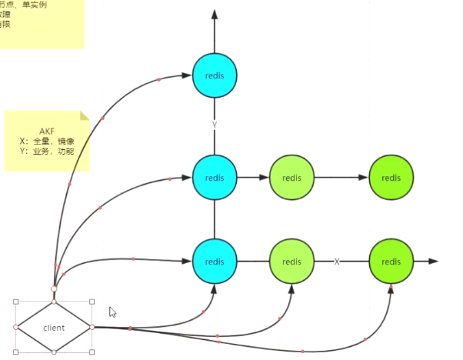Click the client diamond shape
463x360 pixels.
click(54, 327)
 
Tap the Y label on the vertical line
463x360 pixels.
click(215, 124)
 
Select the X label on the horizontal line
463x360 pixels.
click(337, 262)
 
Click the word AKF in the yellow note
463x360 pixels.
click(48, 132)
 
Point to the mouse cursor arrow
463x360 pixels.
click(112, 312)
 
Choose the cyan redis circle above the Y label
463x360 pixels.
click(215, 75)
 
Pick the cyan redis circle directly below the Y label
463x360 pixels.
click(215, 177)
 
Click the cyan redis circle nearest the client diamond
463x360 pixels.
click(215, 262)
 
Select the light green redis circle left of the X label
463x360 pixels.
click(291, 262)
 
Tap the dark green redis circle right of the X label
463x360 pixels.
click(391, 262)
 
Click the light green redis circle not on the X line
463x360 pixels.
click(291, 177)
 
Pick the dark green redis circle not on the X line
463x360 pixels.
click(391, 177)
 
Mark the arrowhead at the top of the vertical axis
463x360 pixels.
click(215, 15)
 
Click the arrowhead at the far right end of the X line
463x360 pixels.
click(433, 262)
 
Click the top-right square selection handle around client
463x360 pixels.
click(92, 302)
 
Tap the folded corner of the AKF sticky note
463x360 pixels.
click(85, 117)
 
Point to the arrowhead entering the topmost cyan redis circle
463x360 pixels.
click(186, 75)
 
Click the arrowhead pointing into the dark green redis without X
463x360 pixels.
click(363, 177)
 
